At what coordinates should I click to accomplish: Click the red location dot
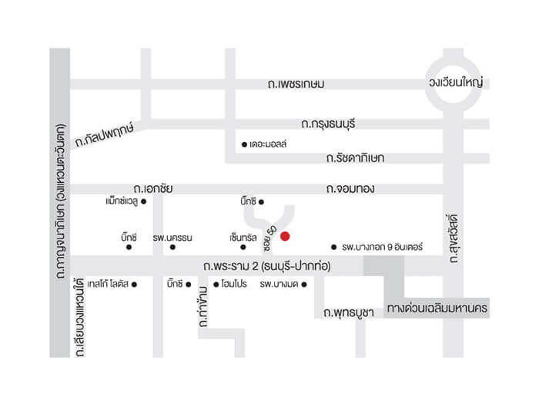pos(285,235)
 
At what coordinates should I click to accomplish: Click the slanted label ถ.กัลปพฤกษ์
pos(105,136)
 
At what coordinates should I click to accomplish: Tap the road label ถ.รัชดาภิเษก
pos(354,158)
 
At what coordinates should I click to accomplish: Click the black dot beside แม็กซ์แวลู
pos(143,202)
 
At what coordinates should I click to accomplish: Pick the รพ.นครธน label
pos(172,236)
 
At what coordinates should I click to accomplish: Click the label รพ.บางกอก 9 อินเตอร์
pos(383,248)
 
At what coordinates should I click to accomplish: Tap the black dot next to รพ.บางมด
pos(305,285)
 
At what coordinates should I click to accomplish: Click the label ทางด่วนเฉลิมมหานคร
pos(437,308)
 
